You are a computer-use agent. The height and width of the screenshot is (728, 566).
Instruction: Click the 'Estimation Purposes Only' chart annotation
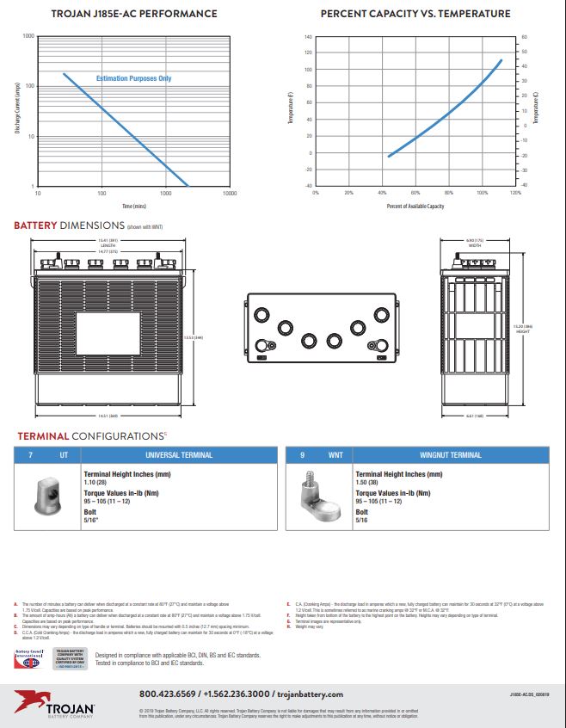pos(133,78)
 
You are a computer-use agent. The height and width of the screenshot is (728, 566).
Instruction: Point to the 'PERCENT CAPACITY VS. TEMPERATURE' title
pos(415,14)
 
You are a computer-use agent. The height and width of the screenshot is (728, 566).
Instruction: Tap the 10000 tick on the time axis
pos(230,194)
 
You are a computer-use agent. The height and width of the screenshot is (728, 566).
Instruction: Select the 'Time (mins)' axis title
pos(133,207)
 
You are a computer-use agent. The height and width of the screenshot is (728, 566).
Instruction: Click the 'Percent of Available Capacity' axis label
pos(415,207)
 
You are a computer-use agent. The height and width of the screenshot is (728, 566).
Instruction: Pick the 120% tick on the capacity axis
pos(514,194)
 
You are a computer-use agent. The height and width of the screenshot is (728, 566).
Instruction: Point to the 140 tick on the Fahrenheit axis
pos(308,38)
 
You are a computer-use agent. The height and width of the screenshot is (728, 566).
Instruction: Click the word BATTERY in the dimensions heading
pos(35,225)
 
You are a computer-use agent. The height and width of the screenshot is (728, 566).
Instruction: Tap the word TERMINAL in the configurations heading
pos(43,436)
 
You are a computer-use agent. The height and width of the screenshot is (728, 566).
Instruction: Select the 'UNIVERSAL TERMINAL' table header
pos(179,454)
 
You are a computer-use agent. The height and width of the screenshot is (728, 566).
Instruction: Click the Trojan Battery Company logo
pos(53,700)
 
